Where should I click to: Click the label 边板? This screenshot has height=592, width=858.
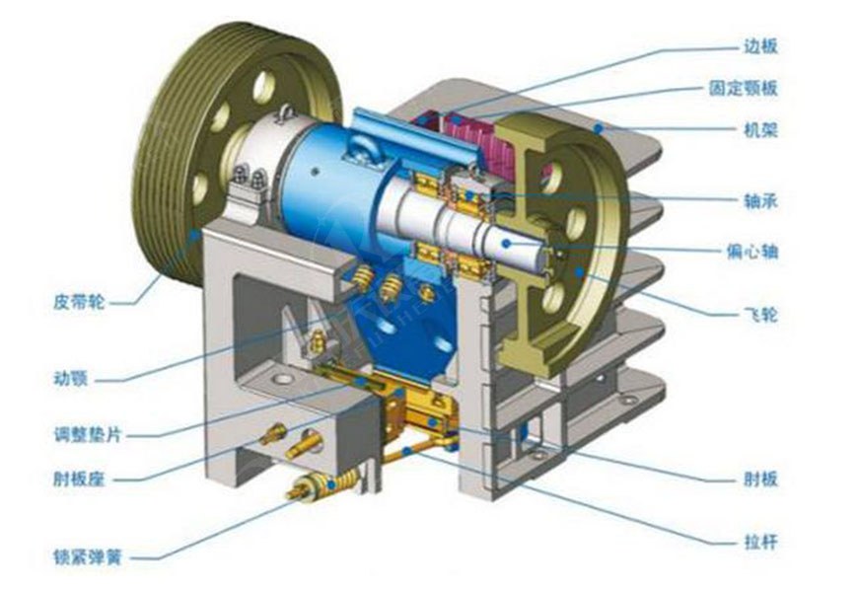click(760, 46)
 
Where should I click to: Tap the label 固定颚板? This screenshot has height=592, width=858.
click(743, 88)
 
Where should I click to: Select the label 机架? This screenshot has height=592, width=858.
click(760, 130)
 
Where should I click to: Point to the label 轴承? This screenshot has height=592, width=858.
click(760, 201)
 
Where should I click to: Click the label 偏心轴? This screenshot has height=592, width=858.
click(751, 252)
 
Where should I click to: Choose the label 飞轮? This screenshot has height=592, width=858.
click(760, 315)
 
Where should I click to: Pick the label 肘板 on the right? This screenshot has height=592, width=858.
click(760, 480)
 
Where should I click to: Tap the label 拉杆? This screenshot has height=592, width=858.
click(760, 542)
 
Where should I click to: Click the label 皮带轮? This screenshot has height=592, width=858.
click(79, 302)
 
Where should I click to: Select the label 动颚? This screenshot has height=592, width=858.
click(71, 379)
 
